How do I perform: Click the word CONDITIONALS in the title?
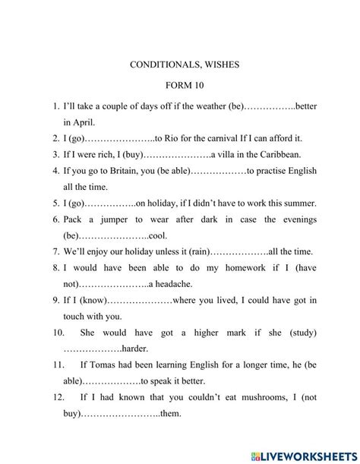[x=159, y=65]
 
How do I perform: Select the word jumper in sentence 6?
[x=124, y=219]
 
